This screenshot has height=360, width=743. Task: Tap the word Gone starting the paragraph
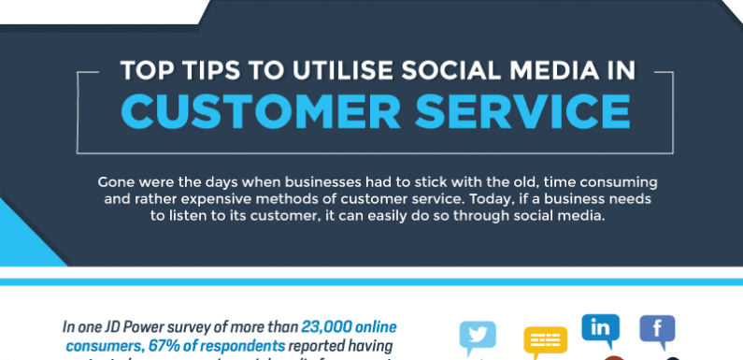click(x=116, y=180)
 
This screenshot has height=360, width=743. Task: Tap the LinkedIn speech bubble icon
click(x=600, y=329)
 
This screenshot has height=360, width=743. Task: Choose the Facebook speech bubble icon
click(x=657, y=330)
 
